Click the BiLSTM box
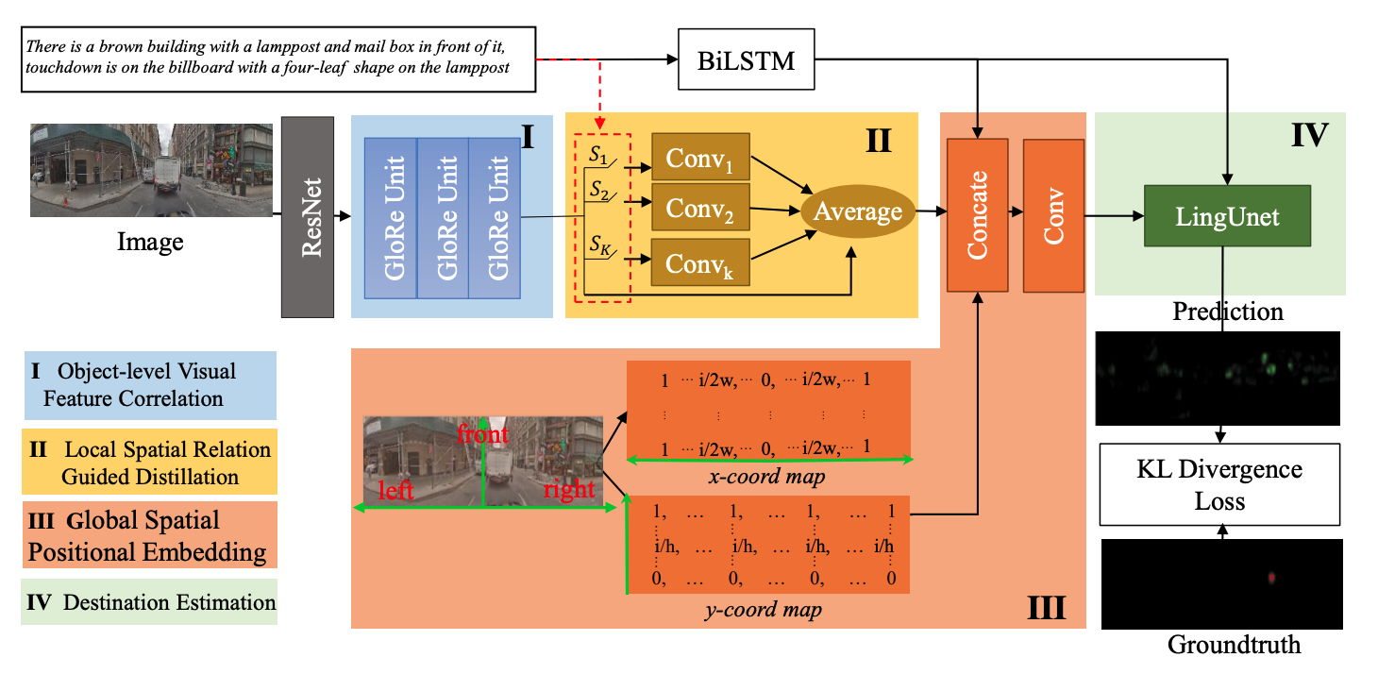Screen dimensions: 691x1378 [x=745, y=62]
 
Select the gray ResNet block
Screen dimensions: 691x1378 [x=308, y=216]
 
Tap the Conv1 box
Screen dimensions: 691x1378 [x=700, y=158]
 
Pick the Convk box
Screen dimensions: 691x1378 [x=700, y=262]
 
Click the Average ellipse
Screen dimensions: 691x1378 [x=858, y=211]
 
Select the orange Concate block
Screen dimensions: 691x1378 [x=978, y=215]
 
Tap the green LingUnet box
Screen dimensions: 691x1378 [x=1227, y=216]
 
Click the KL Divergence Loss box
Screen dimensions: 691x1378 [x=1219, y=484]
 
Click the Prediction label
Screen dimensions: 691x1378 [x=1228, y=311]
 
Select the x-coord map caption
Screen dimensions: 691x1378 [x=766, y=477]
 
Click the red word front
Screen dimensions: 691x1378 [x=482, y=434]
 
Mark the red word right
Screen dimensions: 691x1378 [x=569, y=489]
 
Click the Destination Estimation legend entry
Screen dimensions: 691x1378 [x=149, y=601]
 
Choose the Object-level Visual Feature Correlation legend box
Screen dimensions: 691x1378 [x=149, y=384]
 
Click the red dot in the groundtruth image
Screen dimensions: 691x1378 [x=1271, y=577]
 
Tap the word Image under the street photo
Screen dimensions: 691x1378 [x=150, y=242]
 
